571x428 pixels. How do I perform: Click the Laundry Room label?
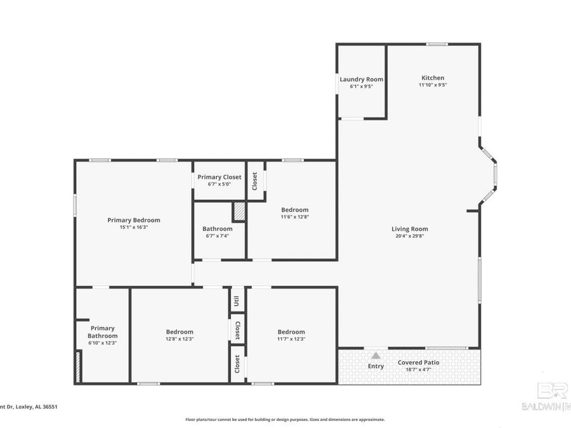coord(361,79)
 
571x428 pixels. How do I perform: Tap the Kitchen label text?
coord(433,77)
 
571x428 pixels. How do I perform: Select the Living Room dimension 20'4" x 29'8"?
coord(409,237)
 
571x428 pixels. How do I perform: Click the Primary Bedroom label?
coord(133,220)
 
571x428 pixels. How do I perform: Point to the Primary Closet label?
coord(219,177)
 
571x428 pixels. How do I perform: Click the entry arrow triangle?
coord(376,356)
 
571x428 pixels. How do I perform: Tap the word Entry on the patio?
coord(376,366)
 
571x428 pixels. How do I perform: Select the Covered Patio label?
coord(418,363)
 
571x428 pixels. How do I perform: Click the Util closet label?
coord(237,300)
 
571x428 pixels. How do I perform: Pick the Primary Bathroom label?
coord(102,332)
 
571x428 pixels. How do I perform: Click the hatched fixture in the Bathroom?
coord(239,211)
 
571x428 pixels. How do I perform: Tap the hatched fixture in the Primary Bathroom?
coord(78,368)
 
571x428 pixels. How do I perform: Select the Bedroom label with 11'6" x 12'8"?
coord(294,210)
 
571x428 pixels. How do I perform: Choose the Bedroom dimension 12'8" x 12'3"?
coord(180,339)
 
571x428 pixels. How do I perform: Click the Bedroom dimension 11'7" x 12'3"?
coord(291,339)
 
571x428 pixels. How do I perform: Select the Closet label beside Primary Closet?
coord(255,181)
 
